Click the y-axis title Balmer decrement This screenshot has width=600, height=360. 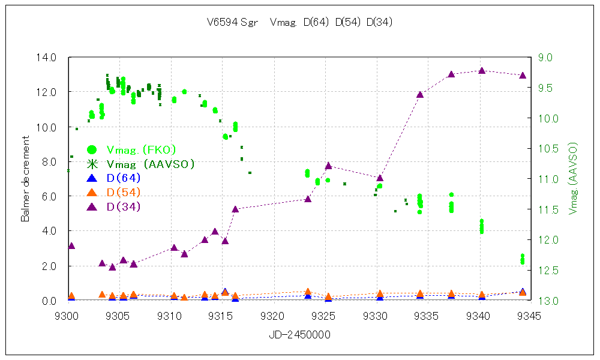25,179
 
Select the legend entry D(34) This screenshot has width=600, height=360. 123,206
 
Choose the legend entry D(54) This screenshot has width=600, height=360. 123,192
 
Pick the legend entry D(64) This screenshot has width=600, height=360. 123,178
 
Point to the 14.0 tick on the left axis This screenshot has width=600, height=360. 47,58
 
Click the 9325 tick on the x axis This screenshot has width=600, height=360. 325,315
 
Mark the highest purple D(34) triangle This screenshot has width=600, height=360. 482,71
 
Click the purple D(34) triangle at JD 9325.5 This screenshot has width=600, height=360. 328,166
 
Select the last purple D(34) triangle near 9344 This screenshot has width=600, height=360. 523,76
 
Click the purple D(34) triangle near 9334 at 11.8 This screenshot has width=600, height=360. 420,95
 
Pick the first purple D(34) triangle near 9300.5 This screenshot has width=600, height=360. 71,246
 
